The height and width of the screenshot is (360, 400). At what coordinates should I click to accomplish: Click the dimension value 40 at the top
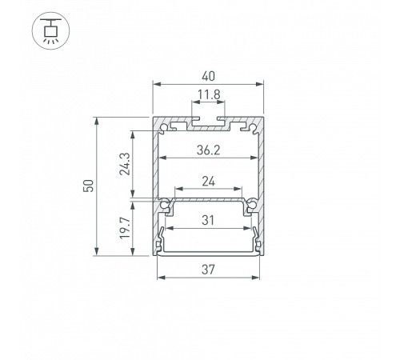tap(208, 76)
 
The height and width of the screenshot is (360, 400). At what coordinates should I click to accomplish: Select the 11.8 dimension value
tap(209, 94)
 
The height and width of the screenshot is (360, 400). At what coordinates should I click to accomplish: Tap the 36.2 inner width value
tap(208, 150)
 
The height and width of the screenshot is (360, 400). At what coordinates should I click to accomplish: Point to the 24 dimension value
tap(208, 182)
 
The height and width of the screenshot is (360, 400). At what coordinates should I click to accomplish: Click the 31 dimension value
tap(208, 221)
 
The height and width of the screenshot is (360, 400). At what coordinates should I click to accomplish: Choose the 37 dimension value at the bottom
tap(208, 270)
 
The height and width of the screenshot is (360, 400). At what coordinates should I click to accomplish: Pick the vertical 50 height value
tap(89, 186)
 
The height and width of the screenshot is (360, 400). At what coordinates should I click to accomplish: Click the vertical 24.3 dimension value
tap(125, 164)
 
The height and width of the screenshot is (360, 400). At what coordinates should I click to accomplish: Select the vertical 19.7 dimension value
tap(125, 228)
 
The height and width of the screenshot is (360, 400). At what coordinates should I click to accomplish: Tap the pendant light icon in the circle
tap(50, 30)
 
